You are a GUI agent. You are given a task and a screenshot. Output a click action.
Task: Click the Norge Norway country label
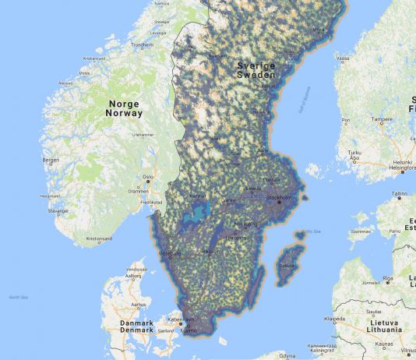tap(124, 108)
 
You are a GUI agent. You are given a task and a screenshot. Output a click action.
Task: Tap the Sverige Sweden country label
tap(256, 70)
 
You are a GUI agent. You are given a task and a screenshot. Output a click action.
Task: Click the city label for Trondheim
tap(142, 44)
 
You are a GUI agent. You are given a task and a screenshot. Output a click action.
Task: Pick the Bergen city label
tap(51, 160)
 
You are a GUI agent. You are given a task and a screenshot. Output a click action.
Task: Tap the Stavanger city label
tap(58, 210)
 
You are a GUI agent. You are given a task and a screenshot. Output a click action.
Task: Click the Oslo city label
tap(147, 177)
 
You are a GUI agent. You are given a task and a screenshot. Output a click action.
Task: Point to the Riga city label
tap(387, 277)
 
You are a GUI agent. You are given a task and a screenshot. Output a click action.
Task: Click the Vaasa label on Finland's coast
tap(342, 58)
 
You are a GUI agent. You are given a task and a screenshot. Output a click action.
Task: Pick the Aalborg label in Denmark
tap(132, 275)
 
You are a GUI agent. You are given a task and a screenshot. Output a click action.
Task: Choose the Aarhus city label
tap(139, 304)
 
